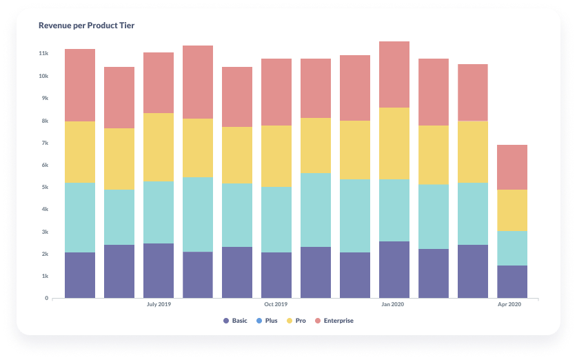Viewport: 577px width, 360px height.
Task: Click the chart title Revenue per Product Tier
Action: point(86,26)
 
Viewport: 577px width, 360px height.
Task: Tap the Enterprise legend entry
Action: point(335,321)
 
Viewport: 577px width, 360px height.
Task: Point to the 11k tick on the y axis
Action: point(43,53)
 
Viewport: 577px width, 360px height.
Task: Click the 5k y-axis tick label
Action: point(44,187)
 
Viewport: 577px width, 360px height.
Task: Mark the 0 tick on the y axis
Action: point(46,298)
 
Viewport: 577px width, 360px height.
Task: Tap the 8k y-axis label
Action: point(44,121)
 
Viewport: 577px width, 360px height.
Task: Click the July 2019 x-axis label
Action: point(159,304)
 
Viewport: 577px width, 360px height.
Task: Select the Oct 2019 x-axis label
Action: point(276,304)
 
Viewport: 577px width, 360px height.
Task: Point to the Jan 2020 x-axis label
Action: point(394,304)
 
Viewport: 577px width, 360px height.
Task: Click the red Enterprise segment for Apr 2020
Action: point(512,167)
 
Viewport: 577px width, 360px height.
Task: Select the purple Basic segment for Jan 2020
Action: point(394,270)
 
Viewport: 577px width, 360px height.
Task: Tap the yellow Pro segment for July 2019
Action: point(159,147)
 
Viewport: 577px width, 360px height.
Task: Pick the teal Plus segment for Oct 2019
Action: point(276,219)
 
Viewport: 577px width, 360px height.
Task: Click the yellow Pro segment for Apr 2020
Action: point(512,210)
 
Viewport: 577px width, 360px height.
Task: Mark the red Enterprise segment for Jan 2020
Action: point(394,74)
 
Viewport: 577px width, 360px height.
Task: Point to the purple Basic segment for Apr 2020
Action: point(512,281)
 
